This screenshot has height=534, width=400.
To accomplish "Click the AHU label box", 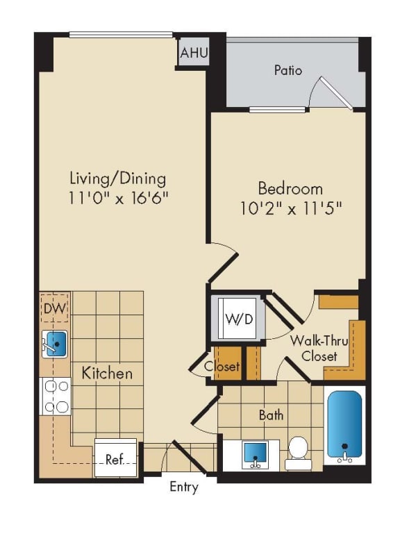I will (x=193, y=53).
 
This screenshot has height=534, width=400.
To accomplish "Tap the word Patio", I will (x=287, y=70).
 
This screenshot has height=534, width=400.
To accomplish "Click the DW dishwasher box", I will (x=54, y=308).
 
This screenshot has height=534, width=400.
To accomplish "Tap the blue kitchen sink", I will (x=56, y=342).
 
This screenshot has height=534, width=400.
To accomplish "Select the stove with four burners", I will (x=56, y=396).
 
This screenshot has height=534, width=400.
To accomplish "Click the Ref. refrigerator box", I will (x=115, y=459).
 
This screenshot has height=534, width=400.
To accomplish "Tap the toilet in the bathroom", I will (x=298, y=448).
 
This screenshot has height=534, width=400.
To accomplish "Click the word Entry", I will (x=184, y=487).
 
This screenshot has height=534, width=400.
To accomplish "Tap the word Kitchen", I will (x=107, y=373).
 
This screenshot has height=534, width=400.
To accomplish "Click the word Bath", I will (x=271, y=415).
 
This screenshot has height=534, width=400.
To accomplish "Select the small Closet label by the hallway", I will (x=222, y=366).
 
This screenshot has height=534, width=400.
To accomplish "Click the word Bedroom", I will (x=290, y=188).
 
